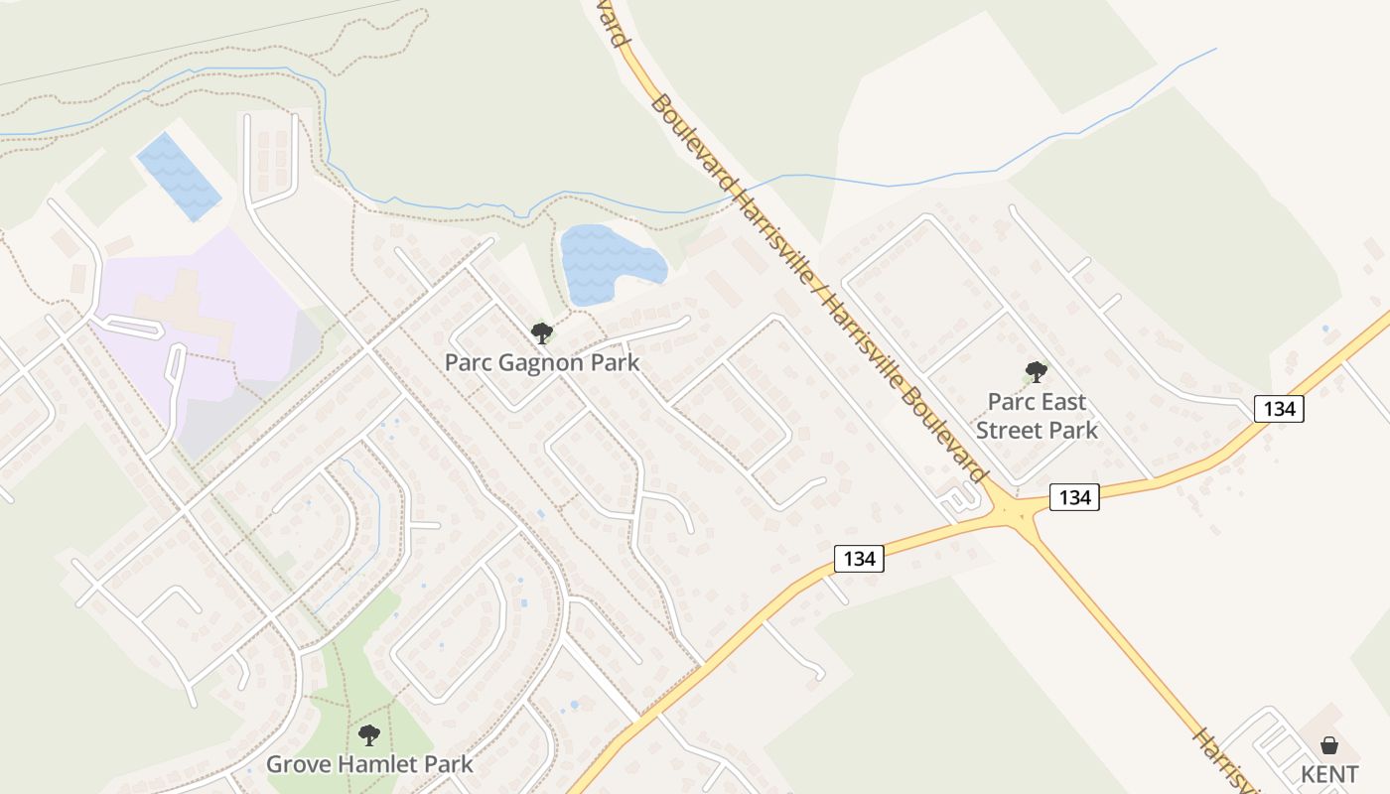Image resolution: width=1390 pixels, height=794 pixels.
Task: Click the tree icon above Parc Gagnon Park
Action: (541, 332)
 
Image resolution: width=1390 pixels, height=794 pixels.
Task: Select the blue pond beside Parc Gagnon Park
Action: (607, 261)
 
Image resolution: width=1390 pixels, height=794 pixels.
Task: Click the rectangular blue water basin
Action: (179, 177)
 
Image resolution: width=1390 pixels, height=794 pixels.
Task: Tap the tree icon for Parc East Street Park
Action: (1036, 373)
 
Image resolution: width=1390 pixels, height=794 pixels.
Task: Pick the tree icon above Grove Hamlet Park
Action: (369, 735)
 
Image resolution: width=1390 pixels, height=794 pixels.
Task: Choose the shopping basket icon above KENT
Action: (1328, 745)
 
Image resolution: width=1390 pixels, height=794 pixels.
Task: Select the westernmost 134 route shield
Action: (859, 559)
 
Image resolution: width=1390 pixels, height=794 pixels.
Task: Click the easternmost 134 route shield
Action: (1278, 408)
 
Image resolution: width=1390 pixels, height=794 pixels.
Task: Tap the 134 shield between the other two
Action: (1074, 496)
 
